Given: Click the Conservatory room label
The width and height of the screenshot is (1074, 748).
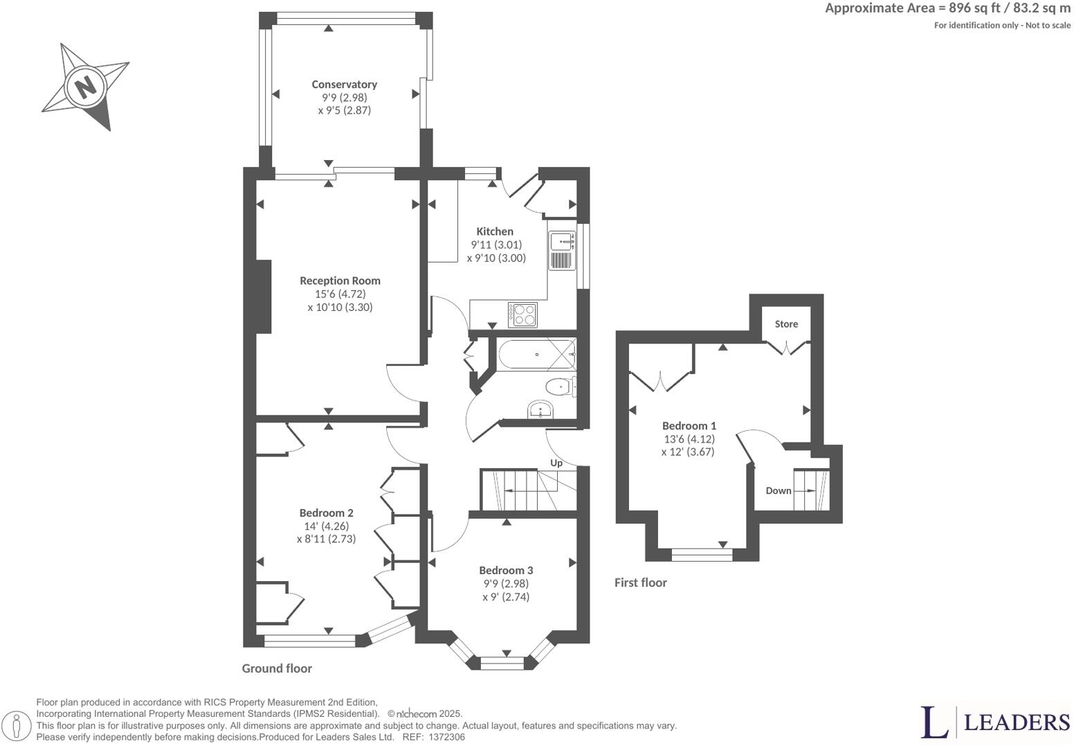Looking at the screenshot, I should [344, 84].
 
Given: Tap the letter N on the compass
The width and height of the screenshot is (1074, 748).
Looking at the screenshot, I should [85, 87].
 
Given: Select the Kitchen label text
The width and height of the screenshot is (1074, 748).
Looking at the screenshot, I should [495, 231].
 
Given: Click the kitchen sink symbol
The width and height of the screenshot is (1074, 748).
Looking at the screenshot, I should [562, 242].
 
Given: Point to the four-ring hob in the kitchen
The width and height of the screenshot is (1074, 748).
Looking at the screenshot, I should [522, 315].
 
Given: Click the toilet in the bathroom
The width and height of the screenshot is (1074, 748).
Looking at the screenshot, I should [559, 386].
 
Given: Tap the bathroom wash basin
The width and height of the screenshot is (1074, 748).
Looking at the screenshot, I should [540, 410].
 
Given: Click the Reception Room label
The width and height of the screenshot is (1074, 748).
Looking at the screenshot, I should [340, 280].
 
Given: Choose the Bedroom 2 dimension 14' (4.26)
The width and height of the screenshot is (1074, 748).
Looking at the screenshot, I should [326, 526].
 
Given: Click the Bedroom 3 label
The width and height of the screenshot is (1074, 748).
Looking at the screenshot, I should [506, 570].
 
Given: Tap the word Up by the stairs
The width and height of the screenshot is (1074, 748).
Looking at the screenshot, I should [556, 463].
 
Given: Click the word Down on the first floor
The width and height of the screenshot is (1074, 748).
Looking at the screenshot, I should [778, 490].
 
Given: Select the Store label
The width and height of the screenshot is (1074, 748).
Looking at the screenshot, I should [786, 324].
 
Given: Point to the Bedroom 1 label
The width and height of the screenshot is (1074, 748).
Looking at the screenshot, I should [689, 426].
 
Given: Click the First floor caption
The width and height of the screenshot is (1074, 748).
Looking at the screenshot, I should [640, 582].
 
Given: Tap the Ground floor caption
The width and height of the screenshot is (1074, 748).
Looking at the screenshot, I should [277, 668].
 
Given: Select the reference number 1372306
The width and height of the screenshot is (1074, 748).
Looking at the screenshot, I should [447, 738].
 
